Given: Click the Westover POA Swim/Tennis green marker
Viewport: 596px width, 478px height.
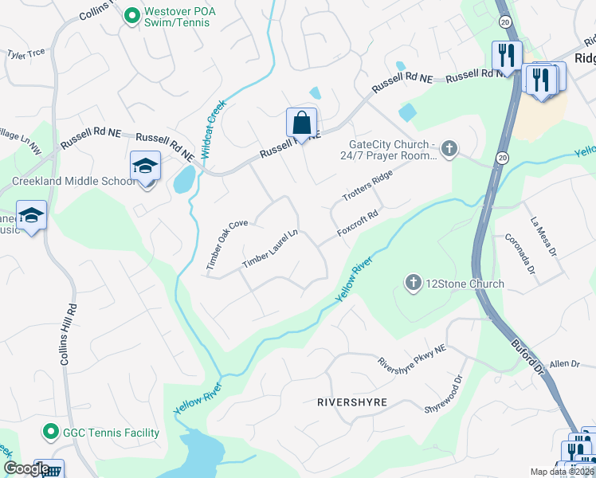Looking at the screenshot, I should coord(132,14).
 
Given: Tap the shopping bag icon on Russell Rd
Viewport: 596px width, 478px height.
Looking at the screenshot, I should coord(302,123).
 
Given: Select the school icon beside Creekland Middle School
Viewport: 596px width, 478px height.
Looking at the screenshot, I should coord(146,166).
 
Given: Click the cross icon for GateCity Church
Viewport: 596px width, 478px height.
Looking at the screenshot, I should coord(449,148).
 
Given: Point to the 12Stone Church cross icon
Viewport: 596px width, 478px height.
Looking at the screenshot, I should coord(413,283).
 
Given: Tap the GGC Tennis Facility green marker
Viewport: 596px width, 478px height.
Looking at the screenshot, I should coord(50,432).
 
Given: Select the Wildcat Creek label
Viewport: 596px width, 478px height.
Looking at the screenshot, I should coord(212,127).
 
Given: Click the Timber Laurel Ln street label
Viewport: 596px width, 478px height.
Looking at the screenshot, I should coord(270,249).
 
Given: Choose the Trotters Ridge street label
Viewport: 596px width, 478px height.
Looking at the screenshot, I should coord(368,185).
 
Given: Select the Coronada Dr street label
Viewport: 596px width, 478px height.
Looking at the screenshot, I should coord(520,253).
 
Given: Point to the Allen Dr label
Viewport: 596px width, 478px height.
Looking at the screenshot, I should coord(564,363).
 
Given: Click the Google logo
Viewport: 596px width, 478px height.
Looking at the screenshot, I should coord(26,468).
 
